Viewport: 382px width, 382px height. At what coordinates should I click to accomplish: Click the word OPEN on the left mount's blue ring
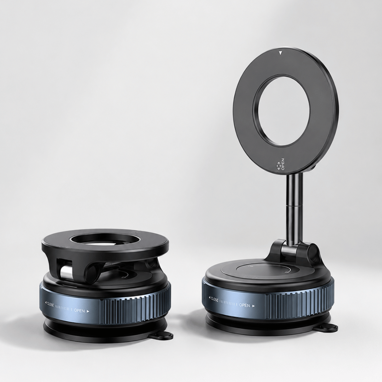coord(80,311)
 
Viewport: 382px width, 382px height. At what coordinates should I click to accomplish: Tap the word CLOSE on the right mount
coord(215,300)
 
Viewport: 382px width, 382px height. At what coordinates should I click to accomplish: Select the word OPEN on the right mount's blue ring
coord(244,305)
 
